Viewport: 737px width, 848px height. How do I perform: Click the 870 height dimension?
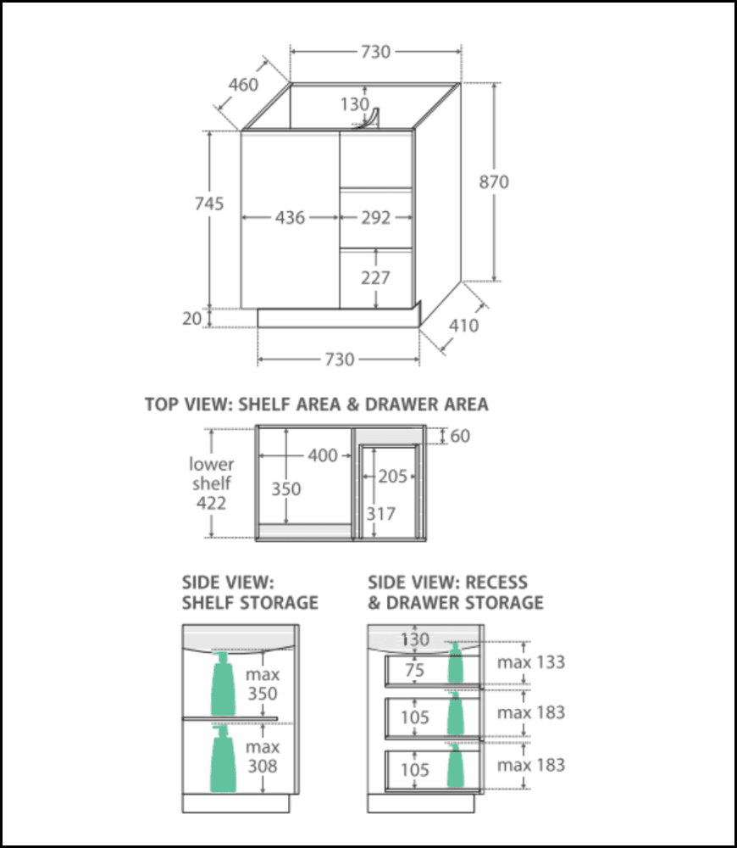[494, 181]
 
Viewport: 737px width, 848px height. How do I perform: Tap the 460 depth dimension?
[243, 85]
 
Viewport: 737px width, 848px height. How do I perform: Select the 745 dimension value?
[209, 204]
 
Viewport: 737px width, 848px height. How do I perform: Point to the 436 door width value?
[290, 218]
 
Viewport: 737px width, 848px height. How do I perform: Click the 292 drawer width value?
[375, 218]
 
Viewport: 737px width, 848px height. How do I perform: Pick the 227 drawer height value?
[375, 277]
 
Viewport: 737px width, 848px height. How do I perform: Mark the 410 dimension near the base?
[463, 325]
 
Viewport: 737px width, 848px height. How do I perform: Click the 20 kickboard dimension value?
[192, 318]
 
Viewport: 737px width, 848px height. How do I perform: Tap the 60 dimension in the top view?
[460, 436]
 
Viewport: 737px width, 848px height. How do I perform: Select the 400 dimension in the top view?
[323, 455]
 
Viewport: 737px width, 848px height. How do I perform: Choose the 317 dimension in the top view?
[381, 513]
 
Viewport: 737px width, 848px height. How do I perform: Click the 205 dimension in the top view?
[392, 477]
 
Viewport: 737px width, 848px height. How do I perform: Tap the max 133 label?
[531, 661]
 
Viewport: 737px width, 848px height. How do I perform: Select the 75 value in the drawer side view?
[414, 670]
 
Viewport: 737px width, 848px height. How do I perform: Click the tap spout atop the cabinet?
[370, 119]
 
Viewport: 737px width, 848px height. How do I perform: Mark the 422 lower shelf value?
[211, 503]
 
